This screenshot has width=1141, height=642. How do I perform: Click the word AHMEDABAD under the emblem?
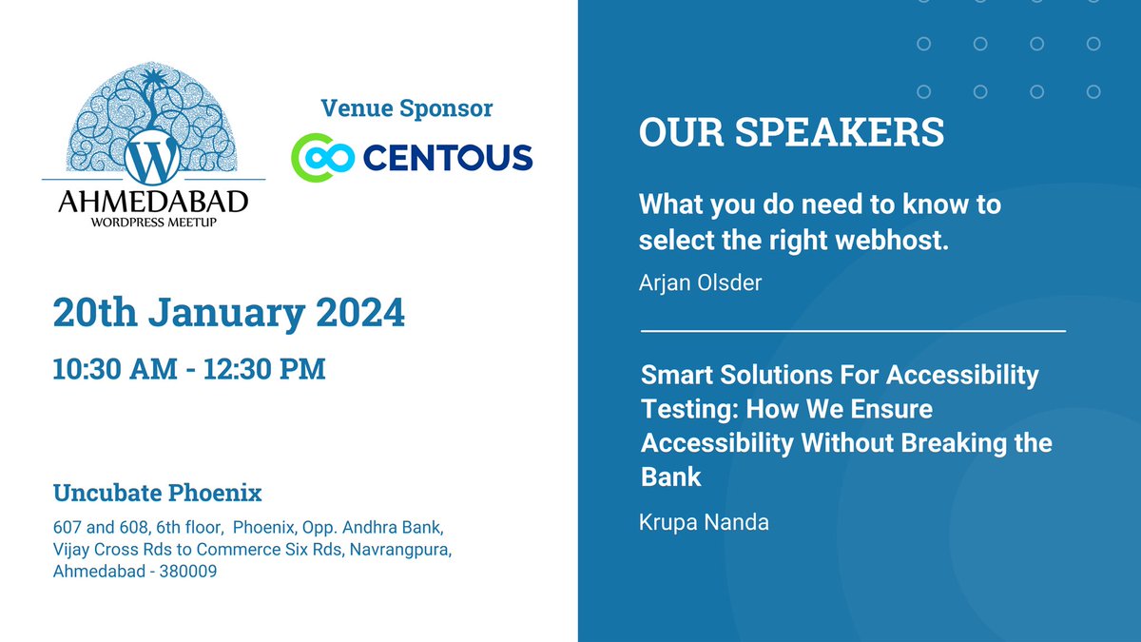[x=153, y=202]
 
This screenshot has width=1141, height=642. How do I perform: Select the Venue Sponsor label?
[x=407, y=108]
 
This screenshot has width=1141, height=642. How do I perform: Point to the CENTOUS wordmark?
[x=447, y=157]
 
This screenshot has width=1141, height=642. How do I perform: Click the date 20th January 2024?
[x=228, y=312]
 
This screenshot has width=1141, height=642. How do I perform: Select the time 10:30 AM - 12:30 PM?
[x=189, y=368]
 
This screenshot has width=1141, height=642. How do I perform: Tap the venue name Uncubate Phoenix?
[x=157, y=494]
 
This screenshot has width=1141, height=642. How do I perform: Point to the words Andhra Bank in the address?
[x=391, y=526]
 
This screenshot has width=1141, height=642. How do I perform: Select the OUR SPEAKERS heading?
[x=791, y=133]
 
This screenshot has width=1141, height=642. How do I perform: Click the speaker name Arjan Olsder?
[x=700, y=283]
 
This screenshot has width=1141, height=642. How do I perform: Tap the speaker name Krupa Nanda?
[x=703, y=523]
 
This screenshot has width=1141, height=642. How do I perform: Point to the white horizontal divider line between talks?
[x=853, y=331]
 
